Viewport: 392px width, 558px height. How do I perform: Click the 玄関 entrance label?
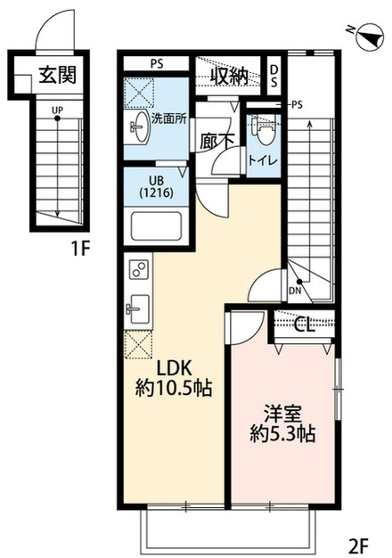[x=58, y=75]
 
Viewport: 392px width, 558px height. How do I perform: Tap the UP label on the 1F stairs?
[x=57, y=111]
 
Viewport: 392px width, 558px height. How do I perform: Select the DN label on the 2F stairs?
[x=295, y=291]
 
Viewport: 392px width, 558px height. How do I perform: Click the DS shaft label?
[x=274, y=76]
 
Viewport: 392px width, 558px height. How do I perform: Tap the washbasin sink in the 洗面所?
[x=140, y=127]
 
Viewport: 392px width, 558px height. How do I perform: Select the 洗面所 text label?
[x=169, y=119]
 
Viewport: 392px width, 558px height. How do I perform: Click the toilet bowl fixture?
[x=264, y=130]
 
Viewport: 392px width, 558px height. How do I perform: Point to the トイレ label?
[x=263, y=160]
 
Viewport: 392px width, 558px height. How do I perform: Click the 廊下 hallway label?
[x=216, y=141]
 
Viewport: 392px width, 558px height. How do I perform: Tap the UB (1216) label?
[x=157, y=187]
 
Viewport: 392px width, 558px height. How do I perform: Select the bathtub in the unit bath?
[x=156, y=226]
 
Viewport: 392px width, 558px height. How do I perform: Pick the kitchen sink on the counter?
[x=138, y=309]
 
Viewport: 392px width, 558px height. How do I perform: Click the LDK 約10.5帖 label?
[x=174, y=378]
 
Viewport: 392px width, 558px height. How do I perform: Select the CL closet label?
[x=306, y=324]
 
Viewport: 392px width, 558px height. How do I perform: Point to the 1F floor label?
[x=79, y=248]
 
